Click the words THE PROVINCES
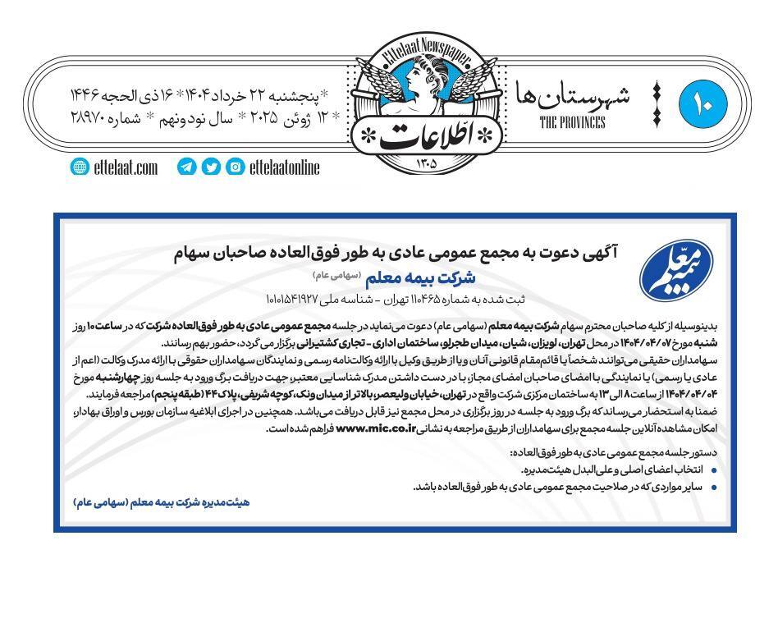[x=572, y=123]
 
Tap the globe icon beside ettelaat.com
[x=80, y=167]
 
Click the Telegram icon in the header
[x=186, y=167]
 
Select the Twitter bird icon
[x=211, y=167]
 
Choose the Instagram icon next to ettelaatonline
[x=236, y=167]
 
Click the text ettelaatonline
[x=284, y=167]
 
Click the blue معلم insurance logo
[x=675, y=272]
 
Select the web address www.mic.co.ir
[x=374, y=428]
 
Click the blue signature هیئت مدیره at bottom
[x=161, y=502]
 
